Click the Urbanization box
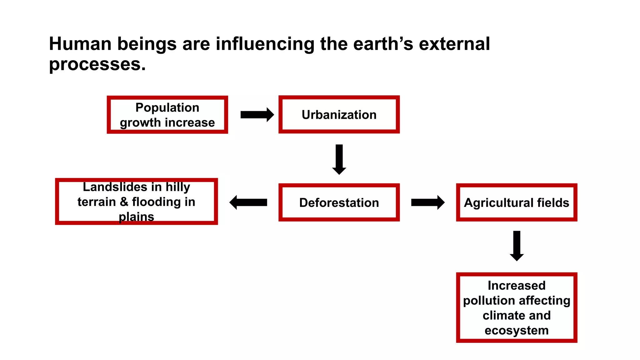click(x=339, y=115)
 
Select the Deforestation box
click(x=339, y=202)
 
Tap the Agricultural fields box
click(x=516, y=202)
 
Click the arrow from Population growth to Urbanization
click(x=257, y=115)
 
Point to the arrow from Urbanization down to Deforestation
click(x=339, y=159)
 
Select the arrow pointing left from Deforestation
click(x=248, y=202)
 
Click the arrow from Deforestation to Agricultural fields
click(x=427, y=202)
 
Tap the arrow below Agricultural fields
click(x=517, y=246)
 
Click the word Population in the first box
click(x=167, y=107)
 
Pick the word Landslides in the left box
click(x=115, y=187)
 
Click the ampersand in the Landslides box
click(x=124, y=202)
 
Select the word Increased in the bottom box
click(x=517, y=285)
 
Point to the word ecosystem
click(x=517, y=330)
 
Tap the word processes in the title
click(x=97, y=64)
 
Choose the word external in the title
click(x=454, y=44)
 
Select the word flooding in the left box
click(x=156, y=202)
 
